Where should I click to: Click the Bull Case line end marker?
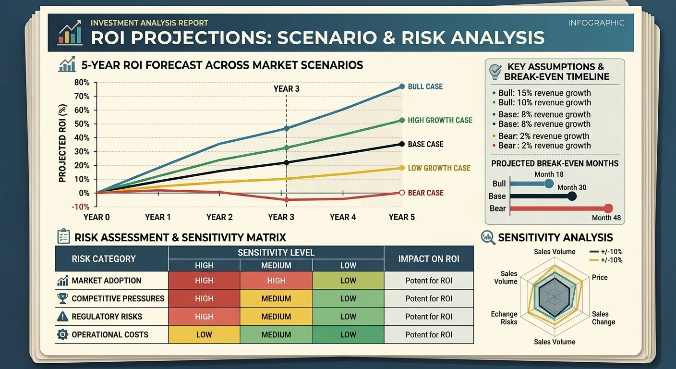(402, 86)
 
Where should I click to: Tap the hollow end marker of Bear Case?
(402, 193)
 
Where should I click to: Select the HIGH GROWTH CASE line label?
(440, 120)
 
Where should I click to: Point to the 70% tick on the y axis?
(96, 96)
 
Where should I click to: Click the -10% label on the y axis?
(80, 207)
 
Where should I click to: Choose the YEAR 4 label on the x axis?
(342, 217)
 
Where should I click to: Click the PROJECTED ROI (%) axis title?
(62, 143)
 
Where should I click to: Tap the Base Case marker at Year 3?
(287, 163)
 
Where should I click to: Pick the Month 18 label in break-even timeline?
(549, 174)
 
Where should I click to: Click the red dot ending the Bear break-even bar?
(608, 208)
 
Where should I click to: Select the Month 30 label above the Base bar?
(572, 187)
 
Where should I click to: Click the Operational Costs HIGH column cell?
(204, 334)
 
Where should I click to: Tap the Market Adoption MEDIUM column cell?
(276, 281)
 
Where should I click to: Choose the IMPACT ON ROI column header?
(429, 259)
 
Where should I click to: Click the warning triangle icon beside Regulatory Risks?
(62, 317)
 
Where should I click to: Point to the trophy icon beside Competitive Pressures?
(62, 298)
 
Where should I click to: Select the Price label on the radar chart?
(599, 277)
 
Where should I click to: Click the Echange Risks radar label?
(504, 318)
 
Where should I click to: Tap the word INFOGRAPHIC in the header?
(596, 23)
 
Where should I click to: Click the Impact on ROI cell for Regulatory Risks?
(429, 317)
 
